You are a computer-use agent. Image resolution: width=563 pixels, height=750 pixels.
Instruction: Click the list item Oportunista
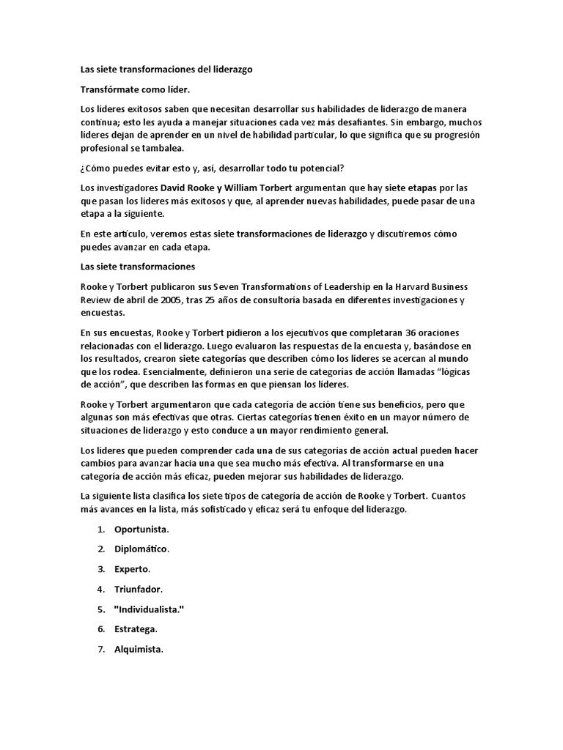click(141, 528)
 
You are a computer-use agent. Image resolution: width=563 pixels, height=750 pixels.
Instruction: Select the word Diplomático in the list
click(141, 548)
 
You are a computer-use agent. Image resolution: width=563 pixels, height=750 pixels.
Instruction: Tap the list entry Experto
click(132, 568)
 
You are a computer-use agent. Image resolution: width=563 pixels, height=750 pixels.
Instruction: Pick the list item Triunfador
click(138, 588)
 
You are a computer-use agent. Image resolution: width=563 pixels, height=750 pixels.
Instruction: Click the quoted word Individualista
click(148, 609)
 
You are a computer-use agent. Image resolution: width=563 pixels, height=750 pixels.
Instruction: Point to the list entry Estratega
click(136, 628)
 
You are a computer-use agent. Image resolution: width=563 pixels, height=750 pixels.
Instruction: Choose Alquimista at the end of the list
click(139, 649)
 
